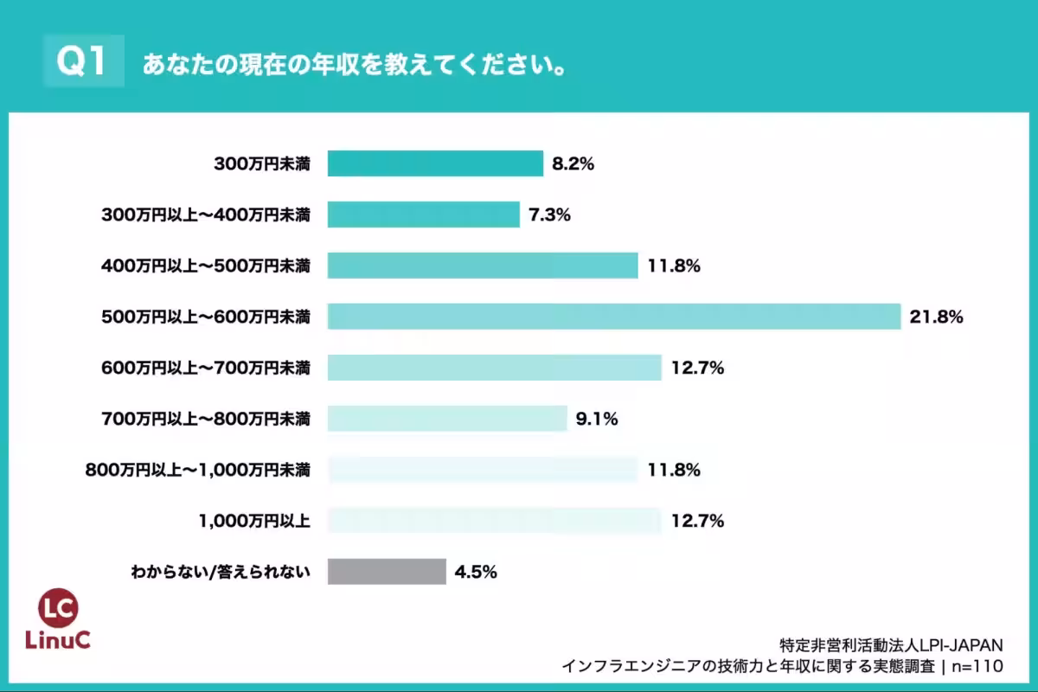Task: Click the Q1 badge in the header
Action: [x=83, y=62]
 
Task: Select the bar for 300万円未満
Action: [x=435, y=163]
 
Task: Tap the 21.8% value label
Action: [x=936, y=317]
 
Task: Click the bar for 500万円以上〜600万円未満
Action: [x=614, y=317]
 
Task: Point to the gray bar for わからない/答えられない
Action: [x=387, y=571]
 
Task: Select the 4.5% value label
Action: [x=476, y=571]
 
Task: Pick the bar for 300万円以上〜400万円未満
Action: [x=423, y=215]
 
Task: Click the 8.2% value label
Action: [x=572, y=163]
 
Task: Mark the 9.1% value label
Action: [x=596, y=420]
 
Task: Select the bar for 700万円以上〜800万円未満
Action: [x=447, y=420]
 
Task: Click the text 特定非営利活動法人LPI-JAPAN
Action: [x=891, y=645]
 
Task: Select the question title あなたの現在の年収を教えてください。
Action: [x=355, y=65]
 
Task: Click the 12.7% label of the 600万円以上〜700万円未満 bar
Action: [x=697, y=368]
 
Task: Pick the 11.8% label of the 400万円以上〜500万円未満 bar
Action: [x=674, y=266]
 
